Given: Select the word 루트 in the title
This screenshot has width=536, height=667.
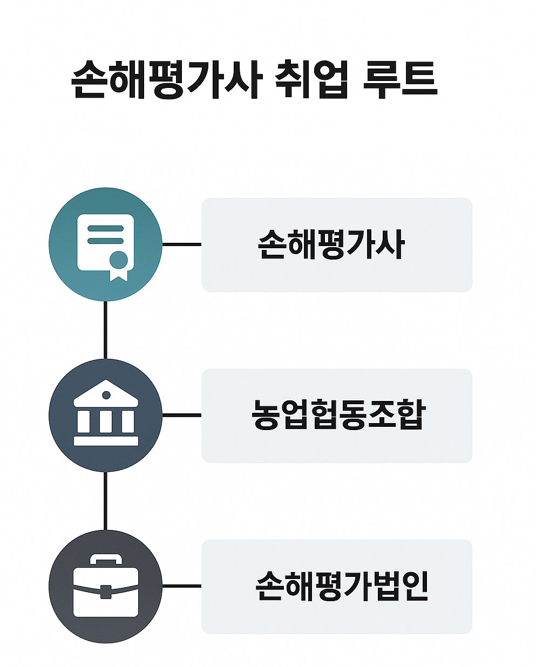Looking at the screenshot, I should tap(399, 80).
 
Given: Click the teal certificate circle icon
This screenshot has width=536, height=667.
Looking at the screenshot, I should tap(105, 244).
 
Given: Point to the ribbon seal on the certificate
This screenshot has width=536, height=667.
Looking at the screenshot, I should tap(119, 263).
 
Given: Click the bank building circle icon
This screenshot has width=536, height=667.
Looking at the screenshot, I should tap(105, 415).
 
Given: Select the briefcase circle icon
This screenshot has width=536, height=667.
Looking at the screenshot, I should tap(105, 586).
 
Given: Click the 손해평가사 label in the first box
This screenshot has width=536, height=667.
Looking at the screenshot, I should tap(331, 244).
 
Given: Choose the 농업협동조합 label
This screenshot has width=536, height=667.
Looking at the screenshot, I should tap(338, 415).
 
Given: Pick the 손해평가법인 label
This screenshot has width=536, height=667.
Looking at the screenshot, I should tap(342, 586).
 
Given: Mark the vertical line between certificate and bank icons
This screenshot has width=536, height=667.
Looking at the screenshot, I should tap(105, 329).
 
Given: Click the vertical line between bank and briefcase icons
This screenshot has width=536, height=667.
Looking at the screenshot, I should tap(105, 500).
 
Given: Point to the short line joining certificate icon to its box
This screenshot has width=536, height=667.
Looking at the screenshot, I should tap(181, 244).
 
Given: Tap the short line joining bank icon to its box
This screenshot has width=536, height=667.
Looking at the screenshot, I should tap(181, 415).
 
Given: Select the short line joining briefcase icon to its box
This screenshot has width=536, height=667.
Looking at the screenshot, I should tap(181, 586).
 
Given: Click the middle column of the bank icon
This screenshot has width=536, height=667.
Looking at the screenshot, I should tap(106, 421).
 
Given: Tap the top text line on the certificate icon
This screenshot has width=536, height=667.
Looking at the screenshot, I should tap(105, 228).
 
